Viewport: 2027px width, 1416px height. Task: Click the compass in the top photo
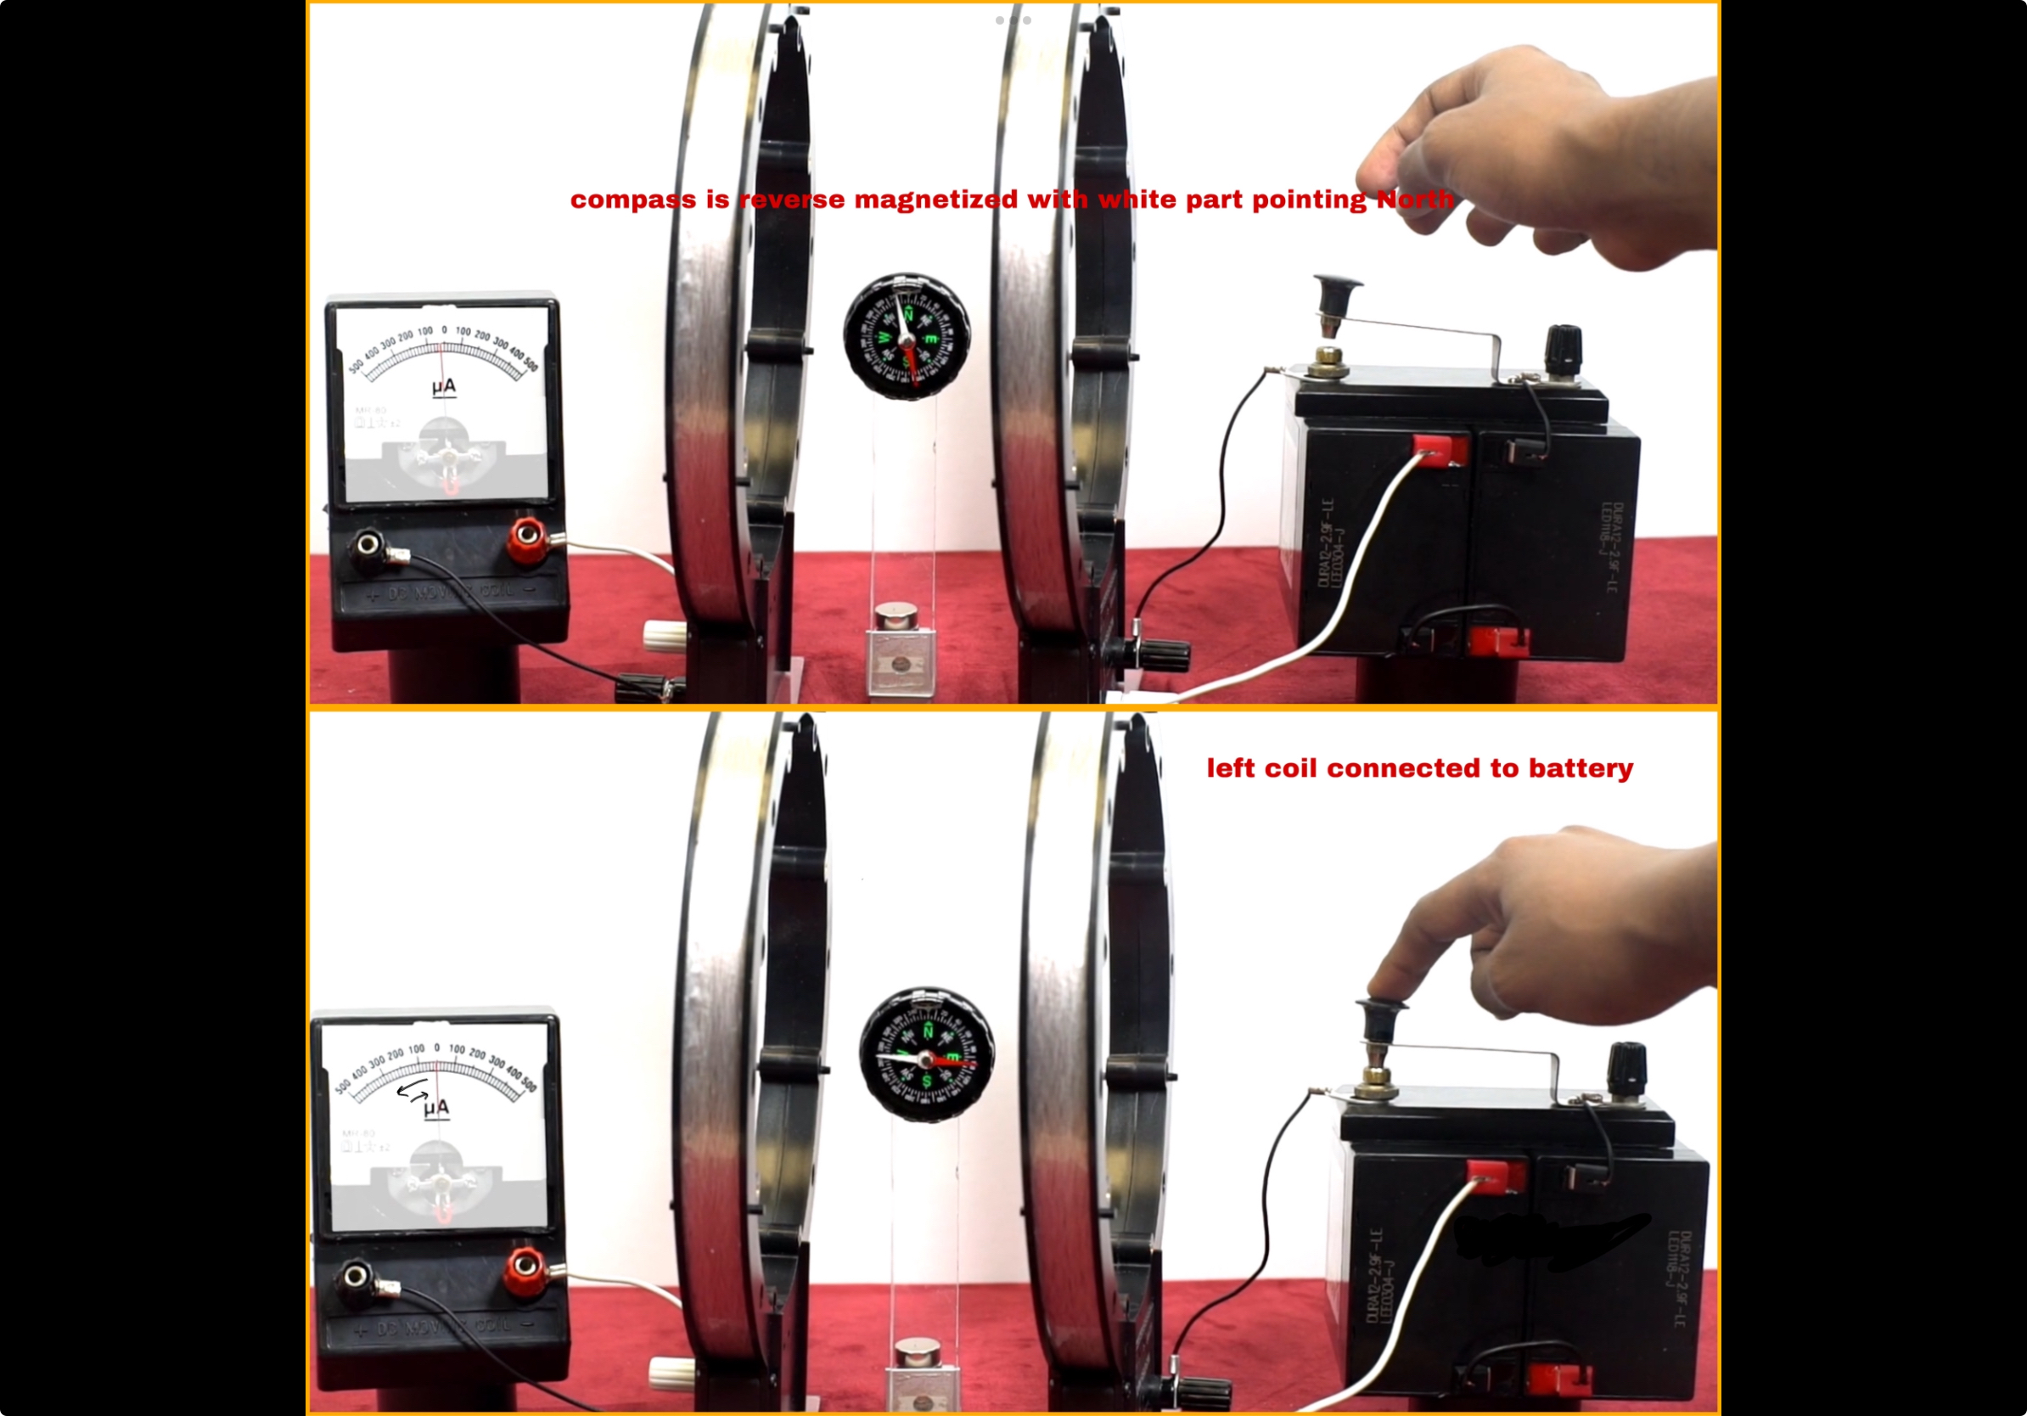tap(906, 335)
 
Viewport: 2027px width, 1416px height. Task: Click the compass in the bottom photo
tap(926, 1054)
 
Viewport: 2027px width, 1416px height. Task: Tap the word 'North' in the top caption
tap(1414, 199)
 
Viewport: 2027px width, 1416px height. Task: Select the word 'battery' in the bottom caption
tap(1581, 768)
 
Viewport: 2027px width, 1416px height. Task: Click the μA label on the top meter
tap(444, 386)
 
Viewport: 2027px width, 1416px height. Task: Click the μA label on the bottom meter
tap(436, 1107)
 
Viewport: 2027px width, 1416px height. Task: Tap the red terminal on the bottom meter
tap(525, 1266)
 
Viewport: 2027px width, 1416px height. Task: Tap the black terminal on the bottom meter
tap(357, 1276)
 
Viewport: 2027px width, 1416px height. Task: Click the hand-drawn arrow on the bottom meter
tap(413, 1092)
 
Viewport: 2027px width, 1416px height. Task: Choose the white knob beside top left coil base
tap(664, 634)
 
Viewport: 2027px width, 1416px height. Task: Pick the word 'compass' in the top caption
tap(632, 199)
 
